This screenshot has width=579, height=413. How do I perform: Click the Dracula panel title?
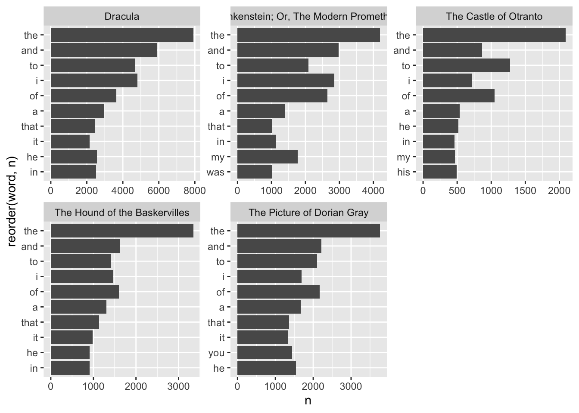122,17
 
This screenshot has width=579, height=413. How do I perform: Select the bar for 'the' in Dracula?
122,35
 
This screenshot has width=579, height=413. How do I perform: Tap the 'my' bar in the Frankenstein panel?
267,157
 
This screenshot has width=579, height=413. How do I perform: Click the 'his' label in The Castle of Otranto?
404,172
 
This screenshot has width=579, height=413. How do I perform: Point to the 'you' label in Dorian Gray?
216,353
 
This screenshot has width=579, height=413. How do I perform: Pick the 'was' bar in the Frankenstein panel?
255,172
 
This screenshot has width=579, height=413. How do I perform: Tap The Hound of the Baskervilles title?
122,213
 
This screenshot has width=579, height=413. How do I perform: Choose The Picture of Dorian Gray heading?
308,213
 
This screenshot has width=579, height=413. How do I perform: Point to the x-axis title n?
308,401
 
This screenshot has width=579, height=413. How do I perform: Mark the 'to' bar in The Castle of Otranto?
466,66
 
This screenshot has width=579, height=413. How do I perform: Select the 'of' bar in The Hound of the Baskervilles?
84,292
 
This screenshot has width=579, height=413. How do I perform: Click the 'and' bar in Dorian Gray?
279,247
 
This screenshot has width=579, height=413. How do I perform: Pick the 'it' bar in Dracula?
70,142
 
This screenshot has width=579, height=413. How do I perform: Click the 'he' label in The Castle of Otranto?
405,126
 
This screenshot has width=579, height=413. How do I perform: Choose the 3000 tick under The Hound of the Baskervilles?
178,386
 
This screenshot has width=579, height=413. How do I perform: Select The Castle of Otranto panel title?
494,17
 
